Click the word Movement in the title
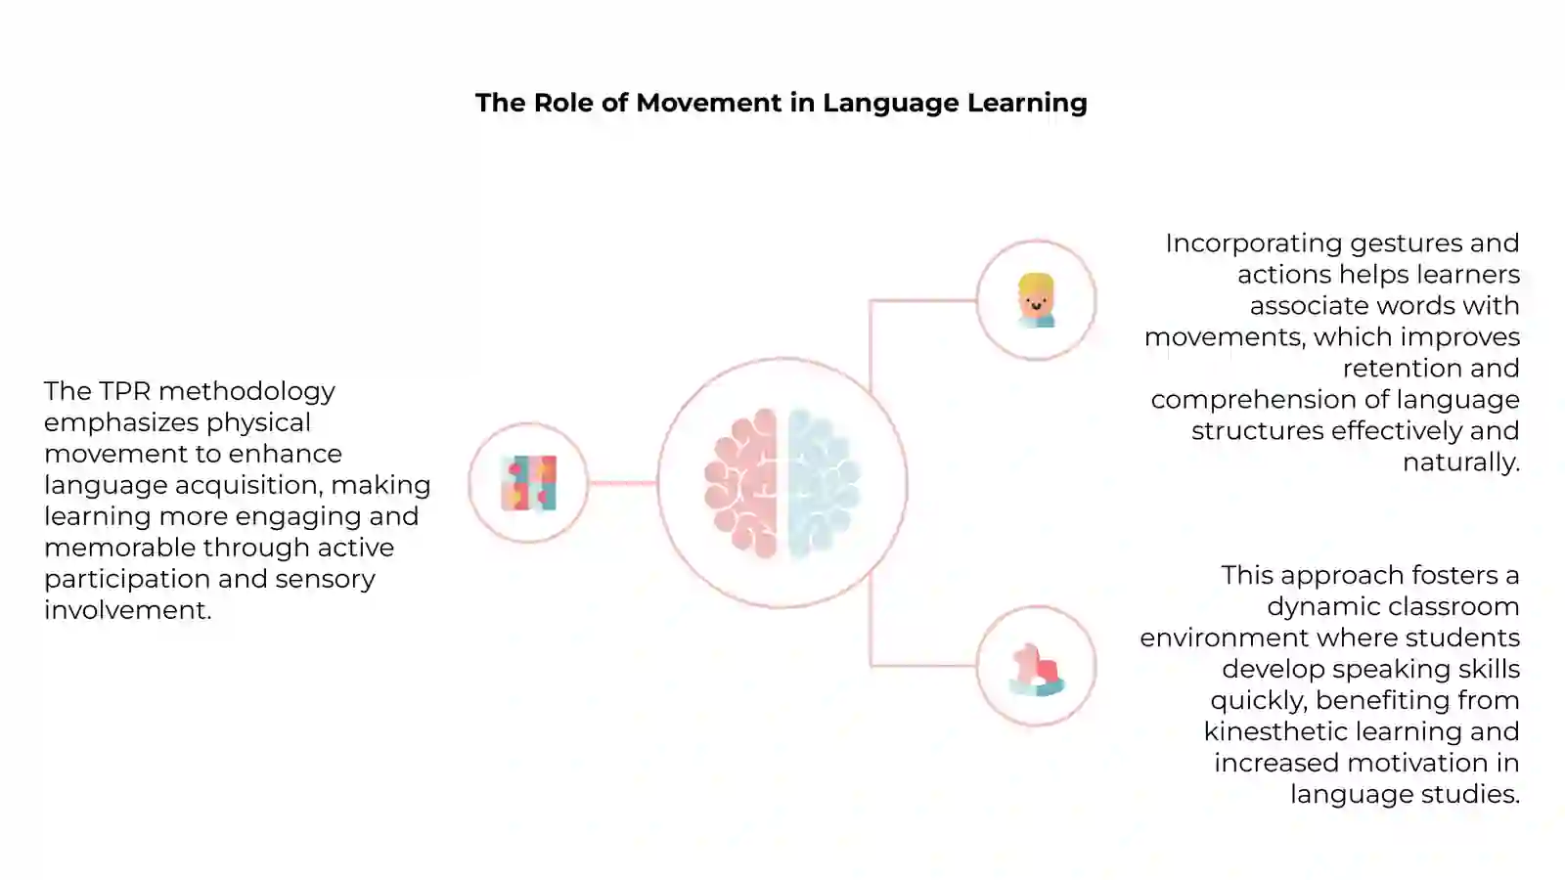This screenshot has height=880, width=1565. coord(709,103)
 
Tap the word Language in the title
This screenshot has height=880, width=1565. coord(890,104)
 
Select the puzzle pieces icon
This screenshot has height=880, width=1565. coord(529,483)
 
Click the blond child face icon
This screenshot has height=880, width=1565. coord(1036,300)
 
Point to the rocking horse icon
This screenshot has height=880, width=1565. coord(1036,670)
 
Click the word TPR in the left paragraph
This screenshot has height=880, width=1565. coord(125,391)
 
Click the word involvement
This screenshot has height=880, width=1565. coord(128,610)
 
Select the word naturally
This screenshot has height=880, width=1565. coord(1461,463)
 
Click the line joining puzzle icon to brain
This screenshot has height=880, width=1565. coord(622,483)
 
